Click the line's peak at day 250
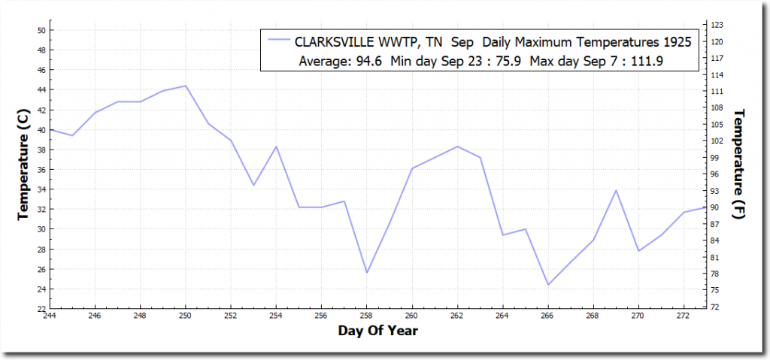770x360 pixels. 186,86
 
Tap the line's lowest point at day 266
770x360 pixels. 548,285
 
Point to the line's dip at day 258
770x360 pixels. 367,272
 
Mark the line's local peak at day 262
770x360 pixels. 457,147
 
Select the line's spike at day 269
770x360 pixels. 616,190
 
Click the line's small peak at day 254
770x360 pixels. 276,147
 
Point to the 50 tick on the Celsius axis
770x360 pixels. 41,30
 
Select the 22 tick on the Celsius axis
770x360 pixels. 41,309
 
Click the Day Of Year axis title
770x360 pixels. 378,331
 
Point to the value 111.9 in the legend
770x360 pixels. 647,60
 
